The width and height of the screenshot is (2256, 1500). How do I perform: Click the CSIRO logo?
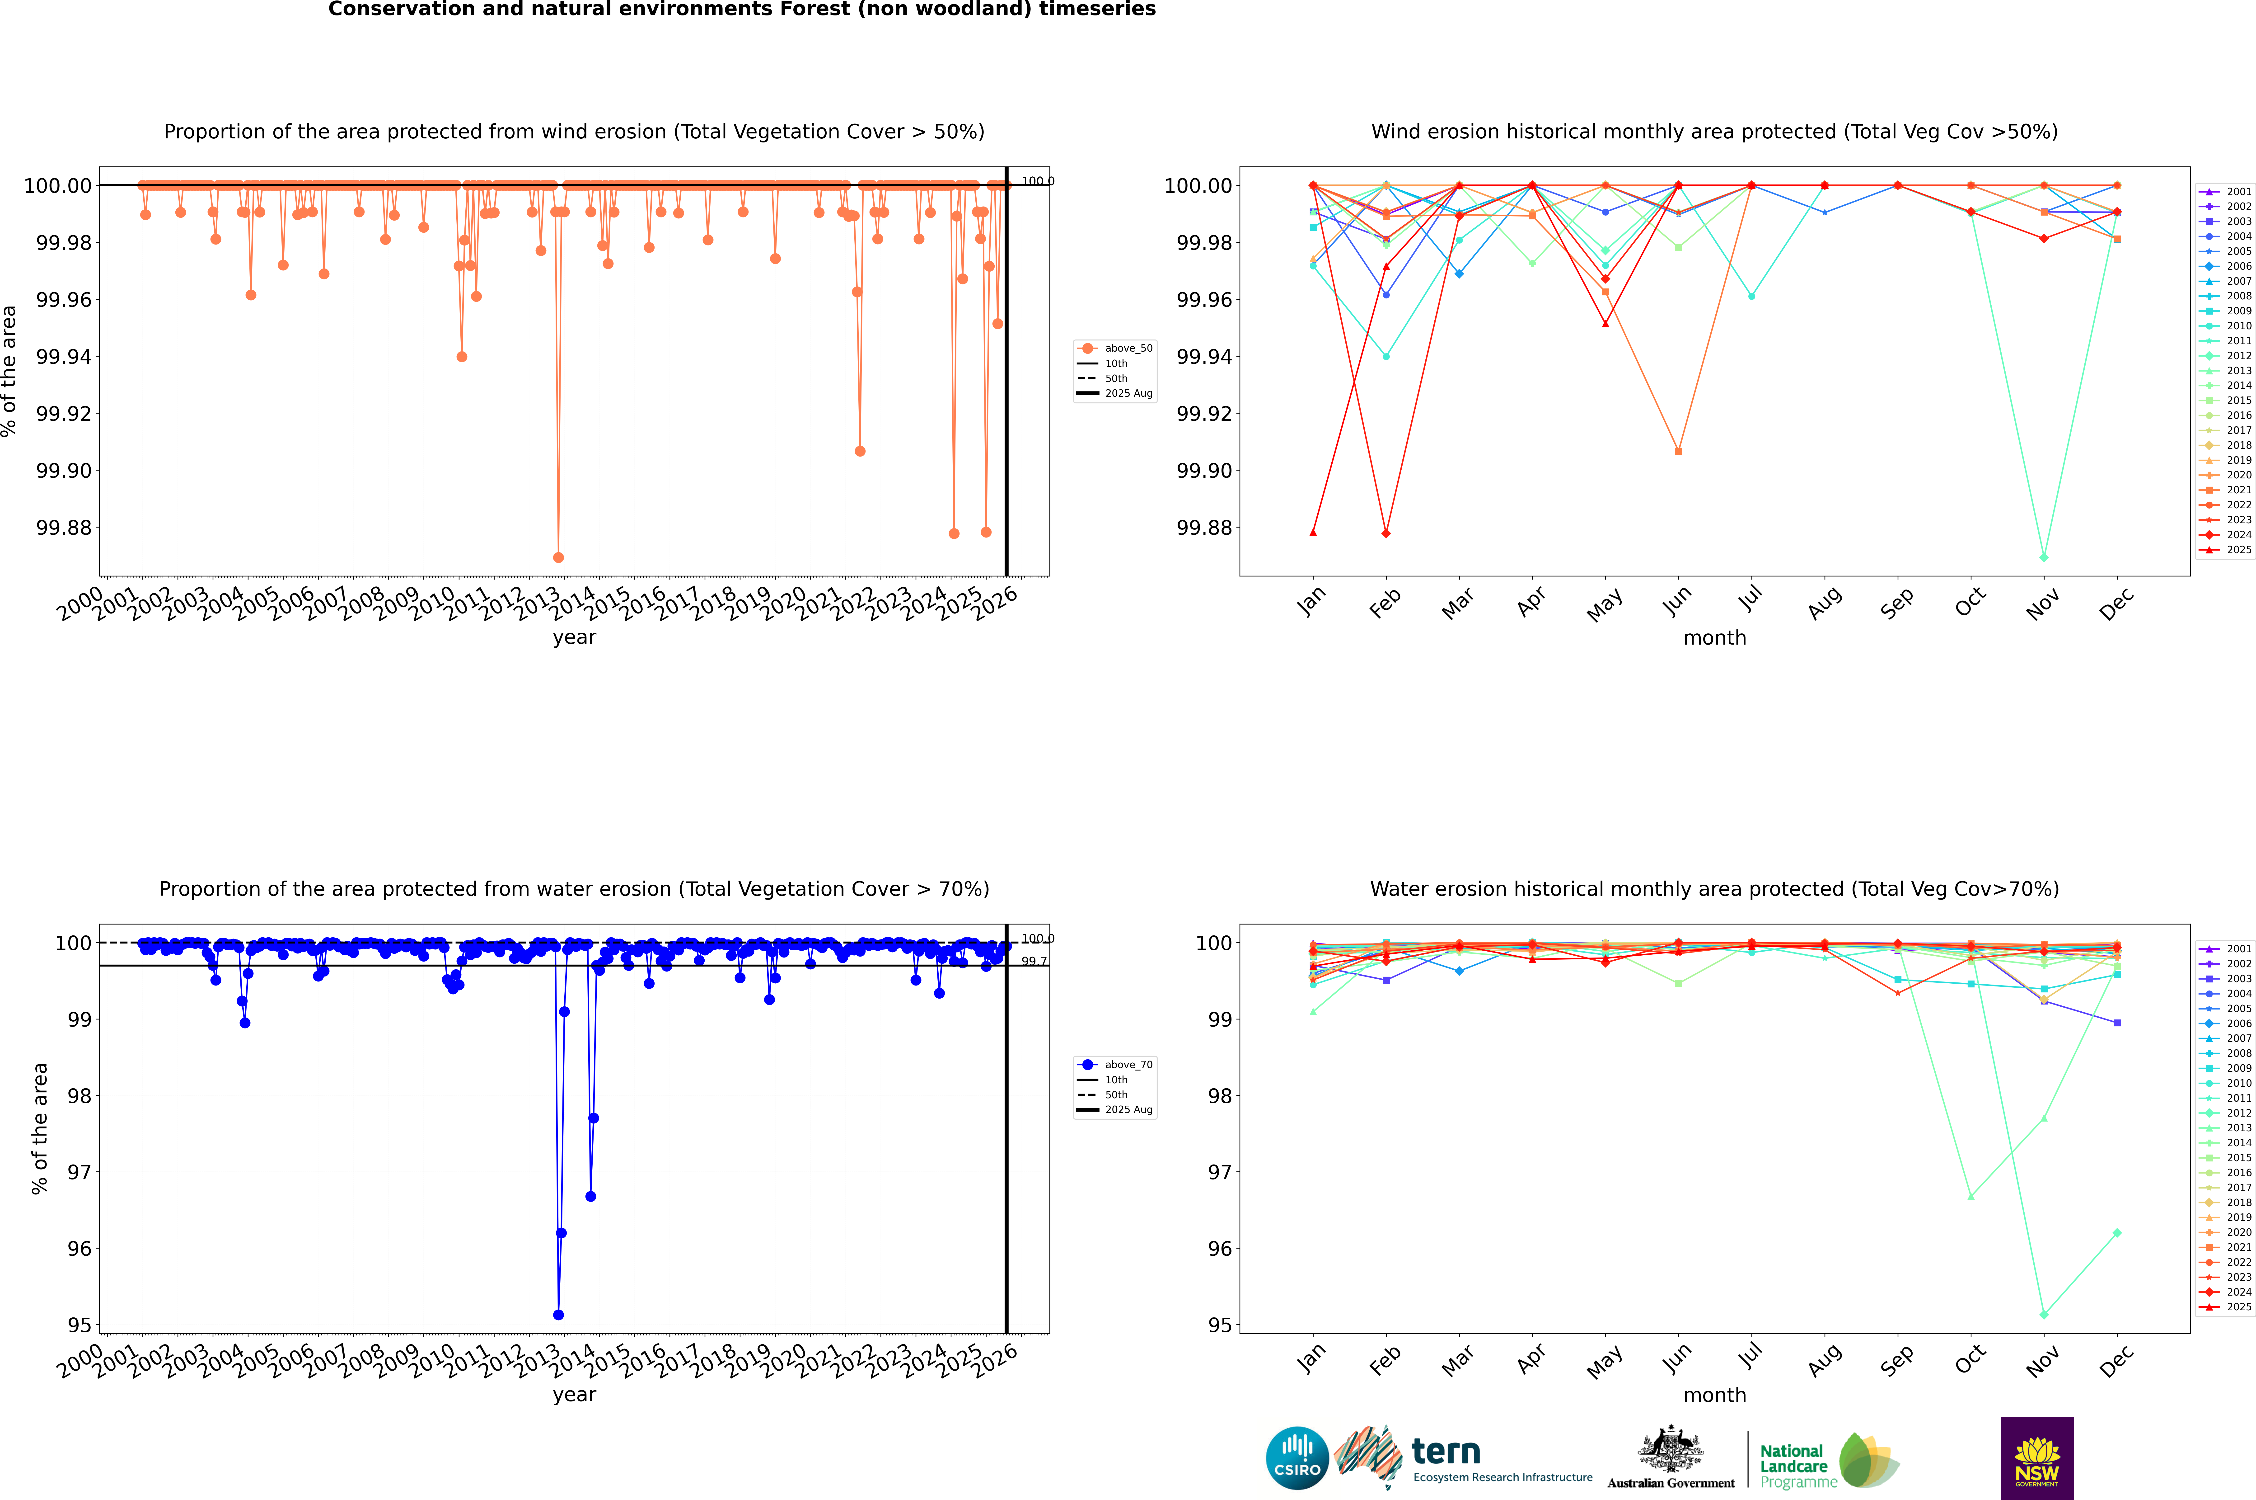click(x=1297, y=1458)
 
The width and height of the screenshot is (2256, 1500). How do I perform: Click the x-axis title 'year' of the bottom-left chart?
click(x=574, y=1395)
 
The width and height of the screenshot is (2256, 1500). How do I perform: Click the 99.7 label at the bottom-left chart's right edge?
click(x=1034, y=961)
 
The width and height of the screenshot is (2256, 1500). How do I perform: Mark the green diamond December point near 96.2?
click(x=2116, y=1233)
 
